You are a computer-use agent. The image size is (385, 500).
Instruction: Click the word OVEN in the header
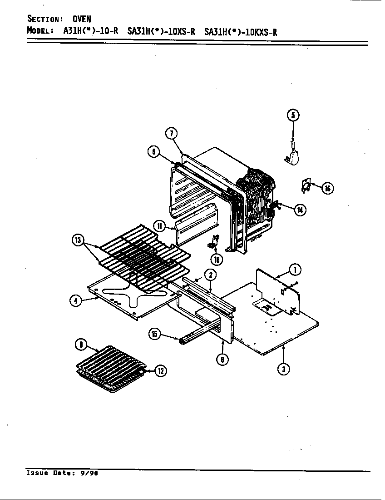pyautogui.click(x=82, y=19)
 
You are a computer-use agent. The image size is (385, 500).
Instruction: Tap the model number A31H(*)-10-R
pyautogui.click(x=90, y=31)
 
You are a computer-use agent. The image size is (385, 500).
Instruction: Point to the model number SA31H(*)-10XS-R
pyautogui.click(x=161, y=31)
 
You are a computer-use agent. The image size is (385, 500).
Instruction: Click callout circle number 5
pyautogui.click(x=293, y=115)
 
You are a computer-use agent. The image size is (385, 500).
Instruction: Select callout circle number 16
pyautogui.click(x=328, y=188)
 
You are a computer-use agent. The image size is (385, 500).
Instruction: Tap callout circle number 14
pyautogui.click(x=300, y=210)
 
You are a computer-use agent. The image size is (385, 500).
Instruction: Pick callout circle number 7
pyautogui.click(x=171, y=133)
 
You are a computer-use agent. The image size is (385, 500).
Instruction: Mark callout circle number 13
pyautogui.click(x=78, y=241)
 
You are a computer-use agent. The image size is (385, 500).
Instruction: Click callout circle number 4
pyautogui.click(x=76, y=301)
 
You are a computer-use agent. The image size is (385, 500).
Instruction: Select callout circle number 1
pyautogui.click(x=295, y=270)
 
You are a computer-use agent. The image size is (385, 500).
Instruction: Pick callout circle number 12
pyautogui.click(x=160, y=370)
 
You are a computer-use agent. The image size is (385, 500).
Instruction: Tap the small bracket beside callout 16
pyautogui.click(x=306, y=185)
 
